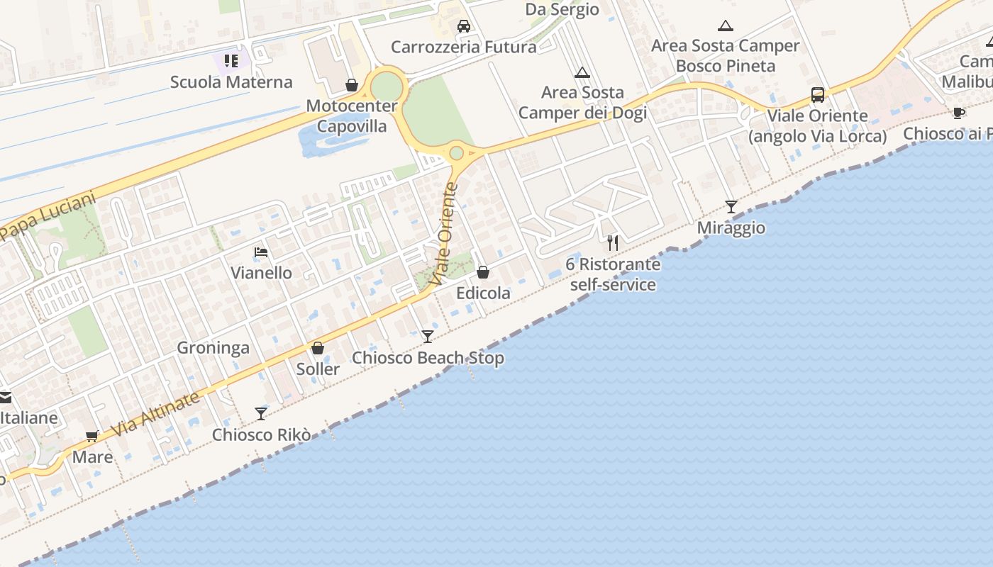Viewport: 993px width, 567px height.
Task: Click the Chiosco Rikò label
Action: coord(262,434)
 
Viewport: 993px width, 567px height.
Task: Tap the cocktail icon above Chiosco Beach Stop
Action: coord(427,336)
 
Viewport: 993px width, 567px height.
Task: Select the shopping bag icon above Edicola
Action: coord(483,271)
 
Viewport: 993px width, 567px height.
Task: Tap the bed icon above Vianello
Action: coord(261,252)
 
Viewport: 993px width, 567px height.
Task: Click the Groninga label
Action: coord(213,347)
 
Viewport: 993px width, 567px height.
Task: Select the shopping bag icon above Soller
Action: coord(318,348)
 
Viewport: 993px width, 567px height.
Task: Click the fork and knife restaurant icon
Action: coord(613,243)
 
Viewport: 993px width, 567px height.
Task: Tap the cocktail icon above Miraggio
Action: coord(731,206)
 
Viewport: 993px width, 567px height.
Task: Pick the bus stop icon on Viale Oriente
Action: coord(817,94)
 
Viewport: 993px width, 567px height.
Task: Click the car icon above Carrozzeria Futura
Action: coord(464,26)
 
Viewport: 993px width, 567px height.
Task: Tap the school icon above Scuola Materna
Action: coord(231,61)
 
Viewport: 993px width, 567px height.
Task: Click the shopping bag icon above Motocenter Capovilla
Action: coord(351,85)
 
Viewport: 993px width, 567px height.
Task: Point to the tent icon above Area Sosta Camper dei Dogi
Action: coord(582,72)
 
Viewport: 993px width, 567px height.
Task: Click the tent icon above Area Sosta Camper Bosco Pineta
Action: coord(725,26)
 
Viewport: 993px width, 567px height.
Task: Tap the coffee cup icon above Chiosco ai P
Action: coord(958,113)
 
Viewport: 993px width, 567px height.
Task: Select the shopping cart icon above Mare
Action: coord(91,436)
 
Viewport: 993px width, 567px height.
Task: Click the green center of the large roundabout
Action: coord(387,88)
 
